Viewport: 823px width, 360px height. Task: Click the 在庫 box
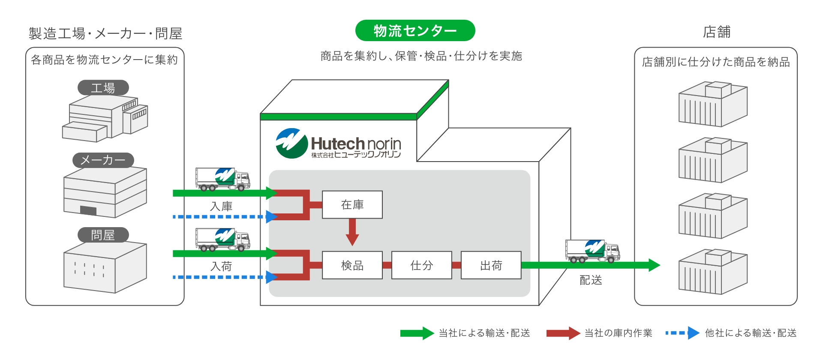click(352, 205)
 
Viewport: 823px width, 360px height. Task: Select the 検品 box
click(352, 265)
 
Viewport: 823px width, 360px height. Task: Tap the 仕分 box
click(421, 265)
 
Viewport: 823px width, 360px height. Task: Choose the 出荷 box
click(491, 265)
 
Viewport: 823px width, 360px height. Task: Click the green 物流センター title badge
click(415, 31)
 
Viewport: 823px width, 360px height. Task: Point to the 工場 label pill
click(103, 88)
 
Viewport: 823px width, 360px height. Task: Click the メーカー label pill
click(103, 160)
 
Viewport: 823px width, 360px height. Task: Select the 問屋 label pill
click(103, 235)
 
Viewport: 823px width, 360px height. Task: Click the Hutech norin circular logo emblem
click(291, 144)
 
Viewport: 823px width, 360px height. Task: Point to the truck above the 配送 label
click(592, 251)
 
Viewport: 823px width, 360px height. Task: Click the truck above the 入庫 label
click(222, 179)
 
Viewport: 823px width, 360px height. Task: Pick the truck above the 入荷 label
click(222, 239)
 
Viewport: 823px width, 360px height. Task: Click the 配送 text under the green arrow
click(591, 280)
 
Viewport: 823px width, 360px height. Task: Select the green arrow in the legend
click(417, 333)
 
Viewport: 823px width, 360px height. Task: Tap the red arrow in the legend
click(563, 333)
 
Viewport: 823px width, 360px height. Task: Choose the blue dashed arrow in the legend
click(682, 333)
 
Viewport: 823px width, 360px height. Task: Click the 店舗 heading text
click(717, 32)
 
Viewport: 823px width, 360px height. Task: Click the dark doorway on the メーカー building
click(88, 210)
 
